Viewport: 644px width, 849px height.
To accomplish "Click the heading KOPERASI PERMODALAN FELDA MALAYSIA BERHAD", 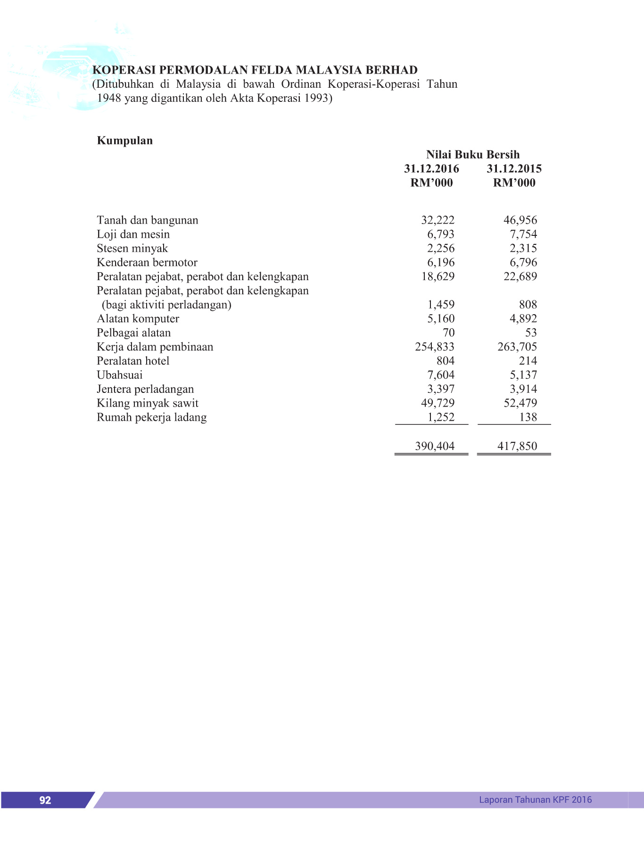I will click(x=255, y=70).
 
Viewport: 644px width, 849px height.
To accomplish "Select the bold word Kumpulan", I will click(x=124, y=141).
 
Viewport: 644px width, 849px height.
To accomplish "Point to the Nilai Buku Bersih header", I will click(x=472, y=155).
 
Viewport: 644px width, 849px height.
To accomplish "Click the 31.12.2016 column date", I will click(x=431, y=169).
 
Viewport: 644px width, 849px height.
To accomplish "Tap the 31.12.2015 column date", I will click(x=514, y=169).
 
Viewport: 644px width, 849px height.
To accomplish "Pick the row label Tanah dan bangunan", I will click(x=147, y=220).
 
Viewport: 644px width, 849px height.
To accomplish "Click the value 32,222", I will click(x=438, y=220).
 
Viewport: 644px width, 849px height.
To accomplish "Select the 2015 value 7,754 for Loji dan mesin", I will click(x=523, y=234).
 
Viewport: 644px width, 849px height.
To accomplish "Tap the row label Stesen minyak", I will click(x=132, y=249).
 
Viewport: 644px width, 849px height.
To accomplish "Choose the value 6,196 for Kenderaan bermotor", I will click(x=441, y=263).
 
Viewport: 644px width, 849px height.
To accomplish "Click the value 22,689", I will click(x=520, y=276).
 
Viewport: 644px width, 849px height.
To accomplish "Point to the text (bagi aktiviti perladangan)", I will click(x=166, y=305).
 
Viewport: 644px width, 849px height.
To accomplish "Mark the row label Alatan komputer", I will click(x=138, y=319).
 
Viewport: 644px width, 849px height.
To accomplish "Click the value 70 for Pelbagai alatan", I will click(x=448, y=333).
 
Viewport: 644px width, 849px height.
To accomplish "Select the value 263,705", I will click(x=517, y=347).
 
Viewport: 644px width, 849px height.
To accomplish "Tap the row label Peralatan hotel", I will click(x=133, y=361).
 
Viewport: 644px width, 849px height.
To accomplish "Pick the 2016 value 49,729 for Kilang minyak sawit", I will click(x=438, y=403).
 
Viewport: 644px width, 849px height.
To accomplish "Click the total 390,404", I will click(x=435, y=446).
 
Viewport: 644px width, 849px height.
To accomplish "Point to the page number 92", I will click(x=45, y=800).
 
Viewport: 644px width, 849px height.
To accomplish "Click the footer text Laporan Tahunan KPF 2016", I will click(x=535, y=799).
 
